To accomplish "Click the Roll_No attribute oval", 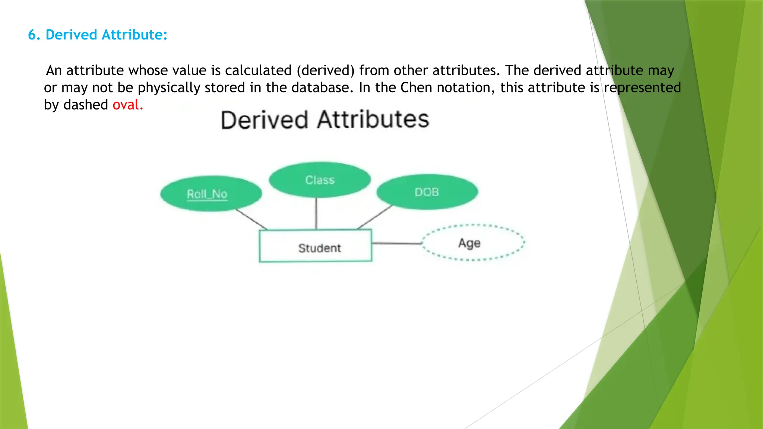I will pyautogui.click(x=211, y=194).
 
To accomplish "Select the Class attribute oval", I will pyautogui.click(x=320, y=180).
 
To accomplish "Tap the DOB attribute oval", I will pyautogui.click(x=427, y=192).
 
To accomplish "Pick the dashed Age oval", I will pyautogui.click(x=472, y=243).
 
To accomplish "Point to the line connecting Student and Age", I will pyautogui.click(x=396, y=243).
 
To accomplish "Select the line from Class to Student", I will pyautogui.click(x=316, y=213).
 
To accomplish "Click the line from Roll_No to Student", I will pyautogui.click(x=251, y=219).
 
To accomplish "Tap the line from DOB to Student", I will pyautogui.click(x=375, y=217).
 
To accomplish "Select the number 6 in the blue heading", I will pyautogui.click(x=32, y=35).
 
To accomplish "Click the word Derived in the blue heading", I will pyautogui.click(x=71, y=35).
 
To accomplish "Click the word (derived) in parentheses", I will pyautogui.click(x=325, y=71).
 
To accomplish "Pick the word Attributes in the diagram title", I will pyautogui.click(x=373, y=120).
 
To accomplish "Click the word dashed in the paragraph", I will pyautogui.click(x=86, y=105).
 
